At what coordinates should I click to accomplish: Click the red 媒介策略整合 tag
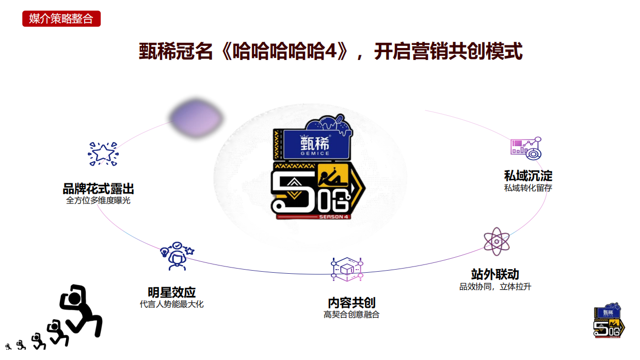[x=61, y=19]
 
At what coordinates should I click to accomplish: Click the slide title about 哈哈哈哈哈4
[x=330, y=52]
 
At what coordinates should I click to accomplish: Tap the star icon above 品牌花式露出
[x=103, y=154]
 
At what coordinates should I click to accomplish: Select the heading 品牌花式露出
[x=98, y=189]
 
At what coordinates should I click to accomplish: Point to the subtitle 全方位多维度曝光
[x=98, y=200]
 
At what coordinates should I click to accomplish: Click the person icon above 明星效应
[x=177, y=256]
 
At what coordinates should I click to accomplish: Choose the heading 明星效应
[x=171, y=292]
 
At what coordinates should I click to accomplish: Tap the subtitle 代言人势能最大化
[x=171, y=304]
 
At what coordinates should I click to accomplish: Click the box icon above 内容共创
[x=347, y=269]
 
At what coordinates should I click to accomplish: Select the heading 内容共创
[x=351, y=303]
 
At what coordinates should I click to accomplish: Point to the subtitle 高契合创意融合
[x=351, y=315]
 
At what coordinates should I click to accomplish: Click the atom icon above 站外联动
[x=497, y=241]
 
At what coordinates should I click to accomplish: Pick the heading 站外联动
[x=495, y=274]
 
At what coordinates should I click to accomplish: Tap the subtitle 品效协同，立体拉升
[x=495, y=286]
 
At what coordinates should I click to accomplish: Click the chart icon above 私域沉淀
[x=526, y=147]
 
